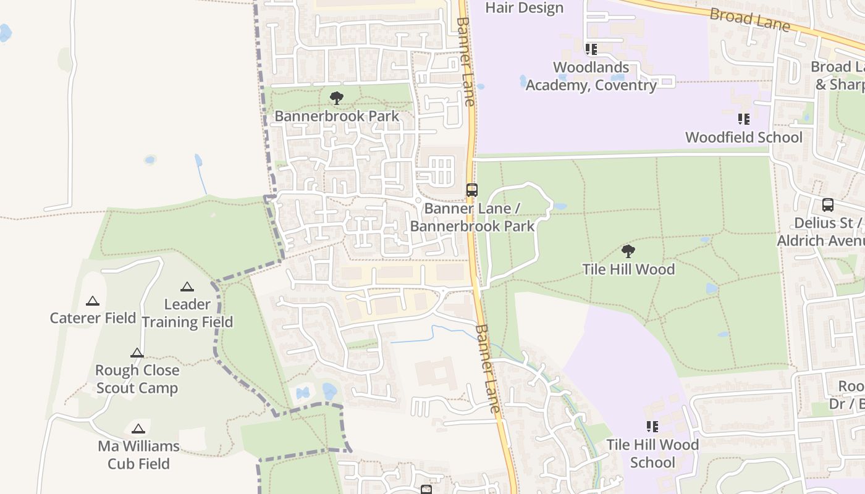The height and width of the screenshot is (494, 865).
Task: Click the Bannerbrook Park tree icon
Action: [x=337, y=98]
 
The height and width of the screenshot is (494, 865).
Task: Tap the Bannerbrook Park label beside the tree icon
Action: [x=337, y=116]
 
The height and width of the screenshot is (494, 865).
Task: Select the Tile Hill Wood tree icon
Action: [x=628, y=251]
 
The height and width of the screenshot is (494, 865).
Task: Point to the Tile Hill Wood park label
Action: [x=628, y=269]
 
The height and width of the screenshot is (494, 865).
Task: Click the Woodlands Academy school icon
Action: [x=591, y=49]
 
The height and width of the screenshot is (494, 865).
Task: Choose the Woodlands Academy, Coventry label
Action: [x=591, y=76]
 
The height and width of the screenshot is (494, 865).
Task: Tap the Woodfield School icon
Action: [x=744, y=119]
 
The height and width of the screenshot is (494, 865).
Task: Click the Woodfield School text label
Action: [x=744, y=137]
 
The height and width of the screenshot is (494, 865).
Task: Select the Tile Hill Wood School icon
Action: [x=652, y=426]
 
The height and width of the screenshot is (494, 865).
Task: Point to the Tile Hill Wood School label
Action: [x=652, y=453]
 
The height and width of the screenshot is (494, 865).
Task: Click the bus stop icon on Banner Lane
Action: [x=472, y=190]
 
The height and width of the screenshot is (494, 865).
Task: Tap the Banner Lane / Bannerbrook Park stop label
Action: [x=473, y=217]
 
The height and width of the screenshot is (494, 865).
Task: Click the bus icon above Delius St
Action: [x=828, y=205]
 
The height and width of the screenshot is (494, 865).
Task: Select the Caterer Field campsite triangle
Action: [x=93, y=301]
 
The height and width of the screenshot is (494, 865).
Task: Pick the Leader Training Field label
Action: [x=187, y=313]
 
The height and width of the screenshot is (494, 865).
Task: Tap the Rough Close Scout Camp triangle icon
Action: [x=137, y=353]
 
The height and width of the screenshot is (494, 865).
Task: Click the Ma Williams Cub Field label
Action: [x=138, y=454]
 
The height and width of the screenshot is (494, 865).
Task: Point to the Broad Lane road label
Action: [x=749, y=19]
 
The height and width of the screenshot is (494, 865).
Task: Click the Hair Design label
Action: [x=525, y=8]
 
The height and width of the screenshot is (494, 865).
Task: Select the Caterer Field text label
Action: [x=93, y=318]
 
